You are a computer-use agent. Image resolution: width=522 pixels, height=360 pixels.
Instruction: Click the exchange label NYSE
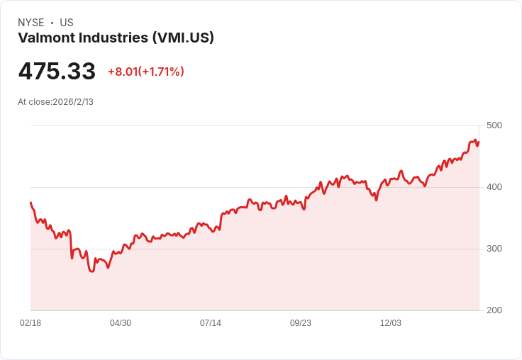pos(30,23)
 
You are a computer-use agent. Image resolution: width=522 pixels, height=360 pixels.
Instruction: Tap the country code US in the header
pos(67,23)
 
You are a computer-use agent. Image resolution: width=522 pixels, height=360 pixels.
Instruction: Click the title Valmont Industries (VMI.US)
pos(116,38)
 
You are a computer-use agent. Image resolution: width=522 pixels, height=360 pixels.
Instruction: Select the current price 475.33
pos(57,72)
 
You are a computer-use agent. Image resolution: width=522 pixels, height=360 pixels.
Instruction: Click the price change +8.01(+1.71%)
pos(145,72)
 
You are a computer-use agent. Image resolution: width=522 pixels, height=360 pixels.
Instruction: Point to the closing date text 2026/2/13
pos(73,101)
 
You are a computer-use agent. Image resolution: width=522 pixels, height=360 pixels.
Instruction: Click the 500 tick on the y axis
pos(494,125)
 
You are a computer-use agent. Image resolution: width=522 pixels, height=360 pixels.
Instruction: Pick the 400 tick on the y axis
pos(494,187)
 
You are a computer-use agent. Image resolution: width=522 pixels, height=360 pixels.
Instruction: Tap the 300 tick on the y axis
pos(494,249)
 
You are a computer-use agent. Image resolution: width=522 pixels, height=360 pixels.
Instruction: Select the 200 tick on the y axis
pos(494,310)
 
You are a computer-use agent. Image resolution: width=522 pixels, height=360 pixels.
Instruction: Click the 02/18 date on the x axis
pos(30,323)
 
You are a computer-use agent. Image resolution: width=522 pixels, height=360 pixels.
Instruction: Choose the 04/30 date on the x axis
pos(121,323)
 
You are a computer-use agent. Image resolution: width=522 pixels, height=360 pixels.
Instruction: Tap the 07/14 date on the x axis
pos(211,323)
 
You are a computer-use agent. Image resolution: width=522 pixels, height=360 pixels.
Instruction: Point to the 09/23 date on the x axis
pos(301,323)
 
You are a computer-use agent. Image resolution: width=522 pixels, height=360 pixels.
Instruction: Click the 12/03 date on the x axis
pos(391,323)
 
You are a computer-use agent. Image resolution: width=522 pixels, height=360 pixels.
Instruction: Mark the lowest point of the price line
pos(91,271)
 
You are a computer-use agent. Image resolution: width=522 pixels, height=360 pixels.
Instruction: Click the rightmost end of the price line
pos(479,142)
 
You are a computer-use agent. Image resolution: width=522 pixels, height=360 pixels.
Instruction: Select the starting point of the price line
pos(30,203)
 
